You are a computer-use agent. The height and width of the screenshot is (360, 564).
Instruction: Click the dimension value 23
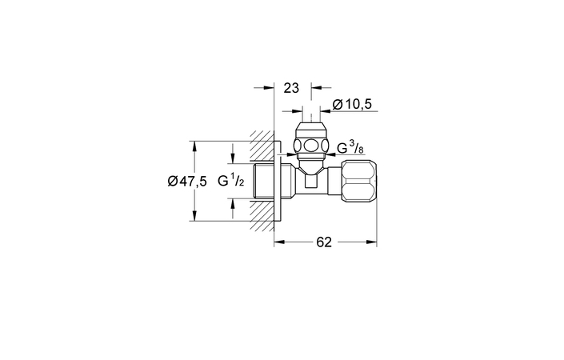[x=291, y=88]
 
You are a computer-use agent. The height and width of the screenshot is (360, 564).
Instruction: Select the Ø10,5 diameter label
[x=352, y=105]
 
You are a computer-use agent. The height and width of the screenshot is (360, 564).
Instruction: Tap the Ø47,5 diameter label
[x=187, y=182]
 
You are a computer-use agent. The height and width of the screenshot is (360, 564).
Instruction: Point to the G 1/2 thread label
[x=231, y=180]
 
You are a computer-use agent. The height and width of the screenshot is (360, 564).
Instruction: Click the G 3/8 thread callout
[x=351, y=147]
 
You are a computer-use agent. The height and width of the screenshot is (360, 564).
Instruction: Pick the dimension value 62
[x=324, y=242]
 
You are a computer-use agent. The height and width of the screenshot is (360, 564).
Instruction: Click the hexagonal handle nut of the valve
[x=358, y=182]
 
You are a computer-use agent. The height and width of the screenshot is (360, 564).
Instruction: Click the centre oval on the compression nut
[x=310, y=146]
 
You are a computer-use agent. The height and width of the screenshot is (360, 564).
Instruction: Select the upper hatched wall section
[x=262, y=146]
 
